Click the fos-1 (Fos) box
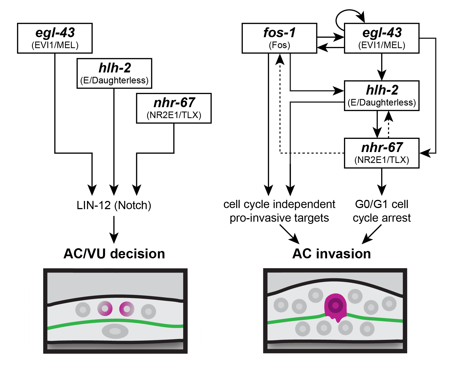click(279, 38)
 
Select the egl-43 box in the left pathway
click(55, 38)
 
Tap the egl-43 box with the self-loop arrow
click(381, 38)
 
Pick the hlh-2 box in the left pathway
click(114, 73)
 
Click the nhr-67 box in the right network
click(381, 153)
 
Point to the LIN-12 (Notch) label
click(114, 205)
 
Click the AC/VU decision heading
click(114, 254)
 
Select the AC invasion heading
click(331, 254)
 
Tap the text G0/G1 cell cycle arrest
click(381, 211)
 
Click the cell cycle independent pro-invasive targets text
click(279, 211)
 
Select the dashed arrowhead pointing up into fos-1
click(280, 59)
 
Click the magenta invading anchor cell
click(335, 307)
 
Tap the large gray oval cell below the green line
click(115, 331)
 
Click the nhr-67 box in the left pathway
click(174, 108)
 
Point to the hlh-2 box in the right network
click(381, 95)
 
